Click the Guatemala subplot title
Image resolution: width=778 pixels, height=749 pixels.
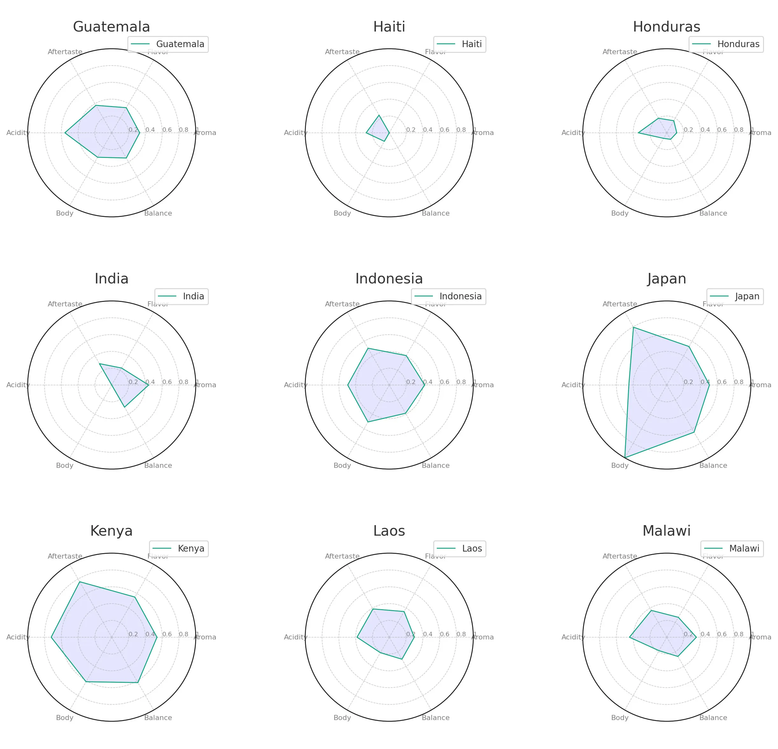coord(111,27)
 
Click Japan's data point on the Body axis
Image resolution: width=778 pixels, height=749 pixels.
coord(625,458)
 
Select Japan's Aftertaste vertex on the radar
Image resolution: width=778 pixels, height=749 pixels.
coord(633,327)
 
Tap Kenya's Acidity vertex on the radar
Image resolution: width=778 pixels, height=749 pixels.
coord(51,637)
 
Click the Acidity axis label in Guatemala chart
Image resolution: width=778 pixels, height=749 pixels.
coord(18,133)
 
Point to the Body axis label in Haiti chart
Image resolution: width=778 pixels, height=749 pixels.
coord(342,213)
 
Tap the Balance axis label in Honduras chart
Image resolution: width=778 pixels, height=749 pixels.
coord(713,213)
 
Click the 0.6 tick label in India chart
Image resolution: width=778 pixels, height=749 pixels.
coord(167,382)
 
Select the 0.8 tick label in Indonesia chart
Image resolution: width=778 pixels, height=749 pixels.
coord(461,382)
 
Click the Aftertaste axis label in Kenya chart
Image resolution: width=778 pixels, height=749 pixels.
coord(65,556)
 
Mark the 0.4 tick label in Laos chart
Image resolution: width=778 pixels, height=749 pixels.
coord(428,634)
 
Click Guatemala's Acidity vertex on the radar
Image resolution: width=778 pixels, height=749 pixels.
coord(65,133)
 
